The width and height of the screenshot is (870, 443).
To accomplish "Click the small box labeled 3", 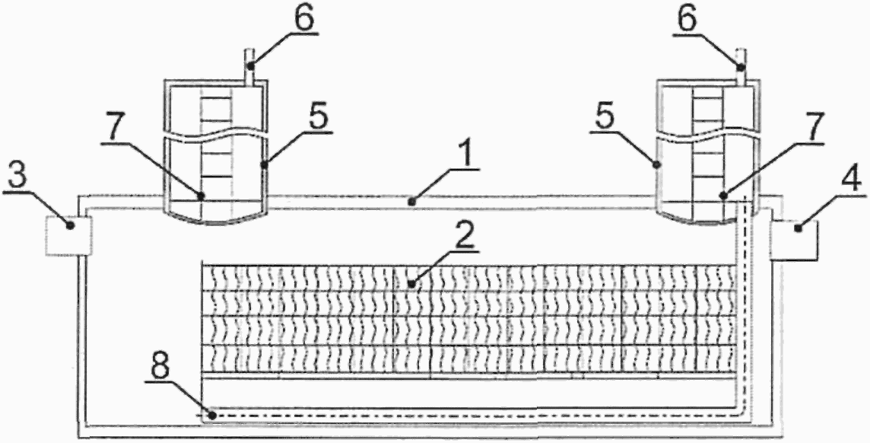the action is (68, 235).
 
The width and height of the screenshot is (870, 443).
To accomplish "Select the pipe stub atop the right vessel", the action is (740, 59).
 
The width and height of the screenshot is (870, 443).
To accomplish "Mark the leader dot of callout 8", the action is (214, 416).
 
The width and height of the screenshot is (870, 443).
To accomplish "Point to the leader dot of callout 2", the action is (411, 284).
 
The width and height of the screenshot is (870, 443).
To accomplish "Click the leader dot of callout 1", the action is (411, 202).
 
